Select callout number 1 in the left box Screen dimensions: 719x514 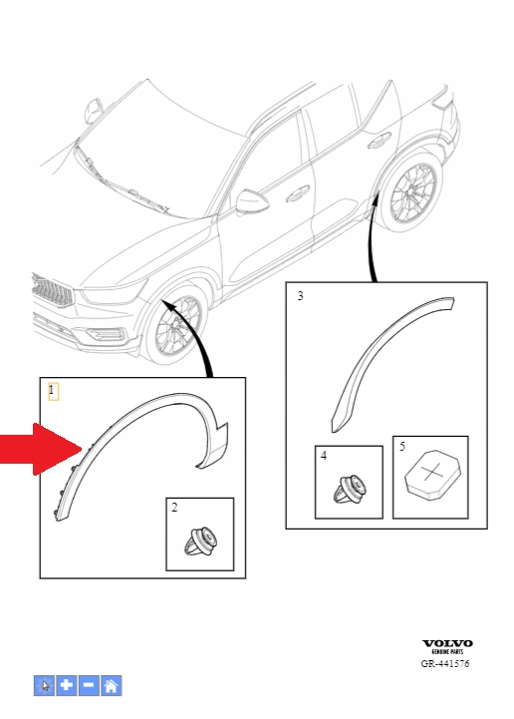point(53,390)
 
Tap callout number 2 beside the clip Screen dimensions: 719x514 point(174,509)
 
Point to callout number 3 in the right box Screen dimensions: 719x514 point(300,296)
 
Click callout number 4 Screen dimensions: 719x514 point(324,456)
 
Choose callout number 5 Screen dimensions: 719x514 point(401,447)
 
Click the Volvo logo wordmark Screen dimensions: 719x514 point(447,643)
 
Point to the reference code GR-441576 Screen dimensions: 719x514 point(446,662)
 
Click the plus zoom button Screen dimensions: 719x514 point(66,685)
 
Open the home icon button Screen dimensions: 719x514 point(111,685)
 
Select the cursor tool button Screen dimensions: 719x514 point(44,685)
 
